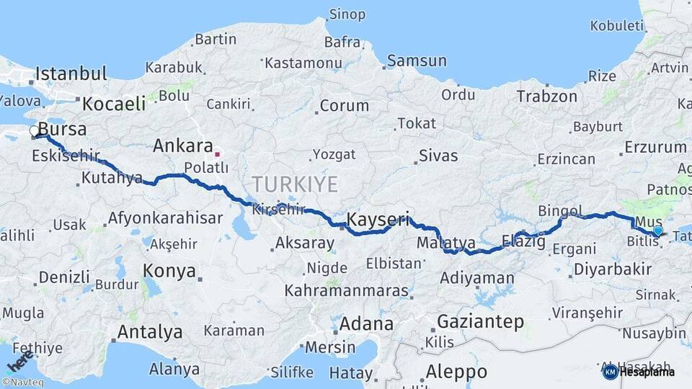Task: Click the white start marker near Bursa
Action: (x=35, y=132)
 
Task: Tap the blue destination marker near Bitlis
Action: (x=657, y=231)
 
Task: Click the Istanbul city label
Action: (x=71, y=73)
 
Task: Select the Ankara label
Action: (x=182, y=146)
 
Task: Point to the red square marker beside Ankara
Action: (x=217, y=153)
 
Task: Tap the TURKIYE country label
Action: (x=294, y=184)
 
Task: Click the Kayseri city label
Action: (x=378, y=218)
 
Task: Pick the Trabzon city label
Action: (x=546, y=96)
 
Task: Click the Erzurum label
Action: (x=655, y=147)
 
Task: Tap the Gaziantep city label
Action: (x=481, y=321)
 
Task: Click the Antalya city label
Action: (x=149, y=332)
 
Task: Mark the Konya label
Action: (x=169, y=271)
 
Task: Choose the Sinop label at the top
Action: (x=347, y=14)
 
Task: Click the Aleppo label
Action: (x=456, y=372)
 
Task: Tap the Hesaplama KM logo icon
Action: (x=610, y=372)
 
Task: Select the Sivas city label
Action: (x=438, y=155)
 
